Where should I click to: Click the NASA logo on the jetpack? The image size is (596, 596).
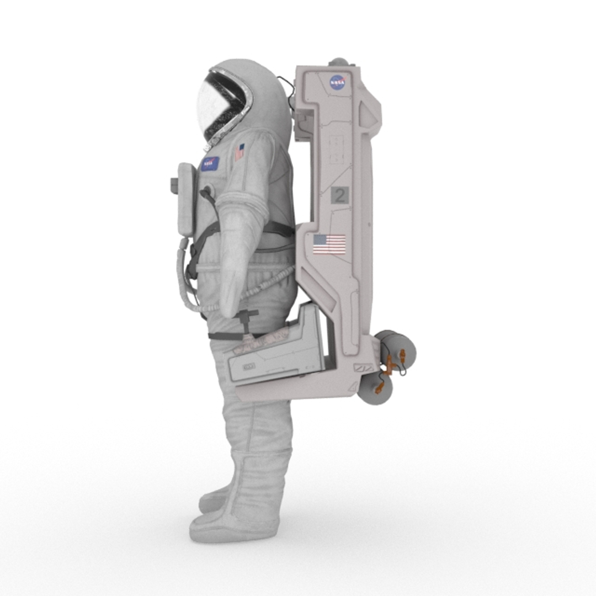[x=337, y=83]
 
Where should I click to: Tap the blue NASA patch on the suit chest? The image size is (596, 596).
[x=210, y=163]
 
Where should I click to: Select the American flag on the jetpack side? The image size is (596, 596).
[x=329, y=244]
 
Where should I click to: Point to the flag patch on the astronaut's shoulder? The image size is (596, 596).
[x=239, y=152]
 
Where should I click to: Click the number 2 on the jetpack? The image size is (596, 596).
[x=340, y=195]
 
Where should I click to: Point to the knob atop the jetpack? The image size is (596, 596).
[x=339, y=62]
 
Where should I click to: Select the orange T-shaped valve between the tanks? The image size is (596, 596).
[x=390, y=365]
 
